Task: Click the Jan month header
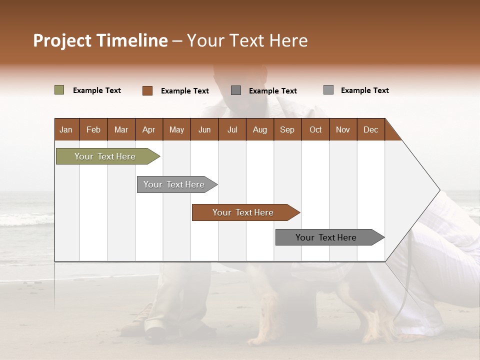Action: pos(66,129)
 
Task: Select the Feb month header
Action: pos(93,129)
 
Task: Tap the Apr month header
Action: pos(148,129)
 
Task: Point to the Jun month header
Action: pos(204,129)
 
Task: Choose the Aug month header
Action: pos(259,129)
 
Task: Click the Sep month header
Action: pos(287,129)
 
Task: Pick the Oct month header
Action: pos(315,129)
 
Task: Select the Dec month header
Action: pos(370,129)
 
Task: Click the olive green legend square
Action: pos(59,90)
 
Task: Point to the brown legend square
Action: pos(147,90)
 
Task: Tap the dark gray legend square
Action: pos(236,90)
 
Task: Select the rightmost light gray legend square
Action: pos(328,90)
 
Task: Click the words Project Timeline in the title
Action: pos(100,40)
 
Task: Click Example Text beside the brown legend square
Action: pos(184,91)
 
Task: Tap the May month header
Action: pos(176,129)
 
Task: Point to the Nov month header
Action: pos(343,129)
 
